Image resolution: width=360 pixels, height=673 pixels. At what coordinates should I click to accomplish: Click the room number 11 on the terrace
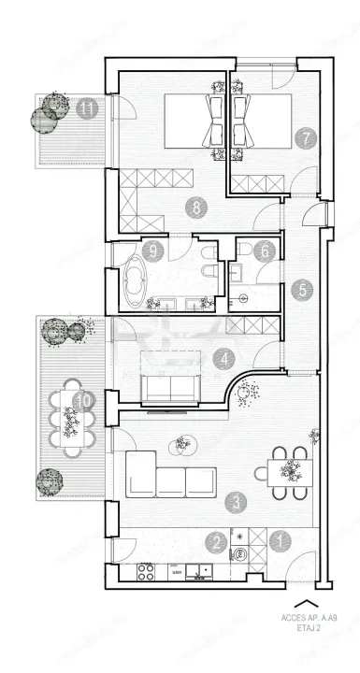click(88, 107)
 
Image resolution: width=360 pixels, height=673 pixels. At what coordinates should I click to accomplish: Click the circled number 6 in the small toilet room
click(266, 252)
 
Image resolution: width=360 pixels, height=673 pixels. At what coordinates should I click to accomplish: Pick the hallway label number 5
click(299, 289)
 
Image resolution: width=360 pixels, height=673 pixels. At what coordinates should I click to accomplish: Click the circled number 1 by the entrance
click(277, 538)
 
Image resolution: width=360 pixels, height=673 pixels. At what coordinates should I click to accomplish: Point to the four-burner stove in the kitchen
click(146, 569)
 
